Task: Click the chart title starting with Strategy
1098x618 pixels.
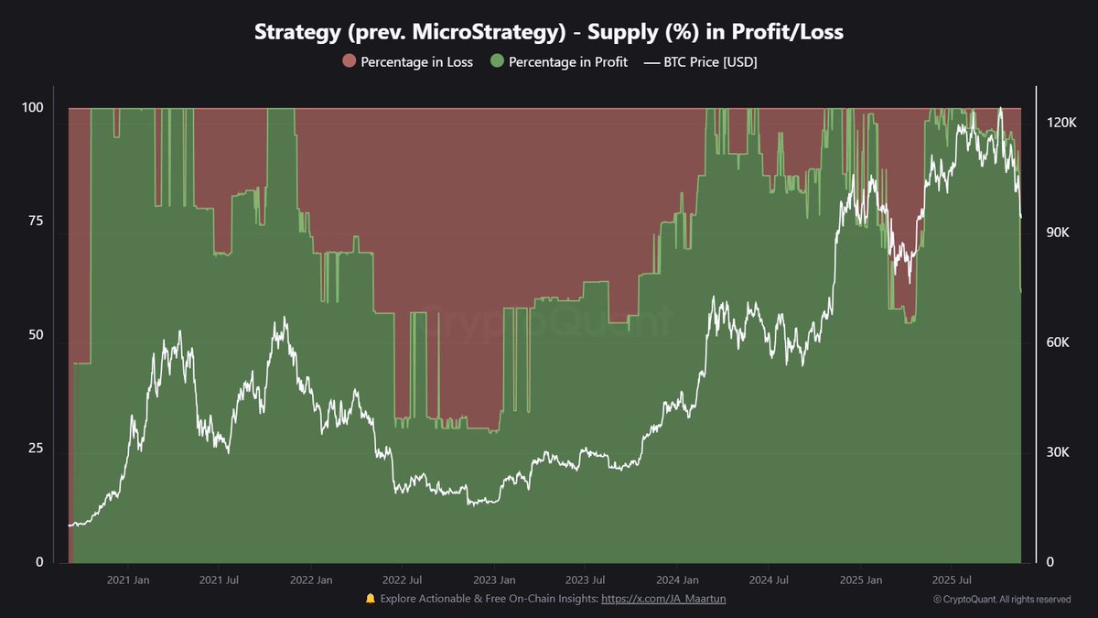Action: [x=549, y=32]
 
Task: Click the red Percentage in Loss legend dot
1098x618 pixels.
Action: [x=349, y=62]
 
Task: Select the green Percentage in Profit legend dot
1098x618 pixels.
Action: [x=497, y=62]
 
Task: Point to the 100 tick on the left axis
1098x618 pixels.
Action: [x=32, y=108]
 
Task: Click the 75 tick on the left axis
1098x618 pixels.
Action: [x=35, y=222]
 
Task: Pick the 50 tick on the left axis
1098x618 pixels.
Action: [x=35, y=336]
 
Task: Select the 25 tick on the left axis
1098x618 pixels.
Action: [x=35, y=450]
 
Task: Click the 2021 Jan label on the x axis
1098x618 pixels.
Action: [x=128, y=580]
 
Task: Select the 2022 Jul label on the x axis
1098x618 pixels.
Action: [x=402, y=580]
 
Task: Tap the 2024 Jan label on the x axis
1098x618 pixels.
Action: [x=677, y=580]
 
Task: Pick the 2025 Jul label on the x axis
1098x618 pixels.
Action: [x=951, y=580]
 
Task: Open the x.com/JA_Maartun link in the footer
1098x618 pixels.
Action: [x=663, y=598]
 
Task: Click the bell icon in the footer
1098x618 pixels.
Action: [x=371, y=598]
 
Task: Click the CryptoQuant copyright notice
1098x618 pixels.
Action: [x=1002, y=600]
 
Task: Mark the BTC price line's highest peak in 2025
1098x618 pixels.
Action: [x=1000, y=108]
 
